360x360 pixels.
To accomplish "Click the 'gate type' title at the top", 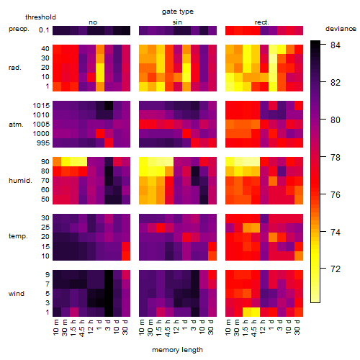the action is coord(178,12).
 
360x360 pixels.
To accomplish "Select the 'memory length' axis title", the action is coord(177,350).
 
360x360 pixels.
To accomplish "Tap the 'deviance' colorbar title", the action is coord(341,29).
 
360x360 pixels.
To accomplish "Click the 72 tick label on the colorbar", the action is coord(336,269).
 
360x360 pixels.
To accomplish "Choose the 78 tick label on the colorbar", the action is coord(336,157).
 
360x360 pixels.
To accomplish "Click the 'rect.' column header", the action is coord(262,22).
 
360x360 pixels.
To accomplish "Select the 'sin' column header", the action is coord(177,22).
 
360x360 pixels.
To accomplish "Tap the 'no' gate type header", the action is coord(93,22).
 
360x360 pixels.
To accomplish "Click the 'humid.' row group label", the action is coord(20,181).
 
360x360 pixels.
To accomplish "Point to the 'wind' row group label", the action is coord(17,294).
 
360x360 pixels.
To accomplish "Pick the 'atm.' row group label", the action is coord(16,125).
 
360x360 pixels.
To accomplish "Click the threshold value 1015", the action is coord(41,106).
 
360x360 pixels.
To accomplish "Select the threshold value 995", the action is coord(43,143).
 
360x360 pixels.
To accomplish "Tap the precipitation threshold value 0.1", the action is coord(44,30).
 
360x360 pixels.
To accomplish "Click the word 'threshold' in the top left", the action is coord(40,17).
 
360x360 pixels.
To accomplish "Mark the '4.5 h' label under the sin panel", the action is coord(168,328).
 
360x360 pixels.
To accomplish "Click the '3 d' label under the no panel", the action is coord(107,325).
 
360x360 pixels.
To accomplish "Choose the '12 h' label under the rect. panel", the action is coord(263,327).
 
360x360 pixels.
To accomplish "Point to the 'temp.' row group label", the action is coord(18,236).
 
